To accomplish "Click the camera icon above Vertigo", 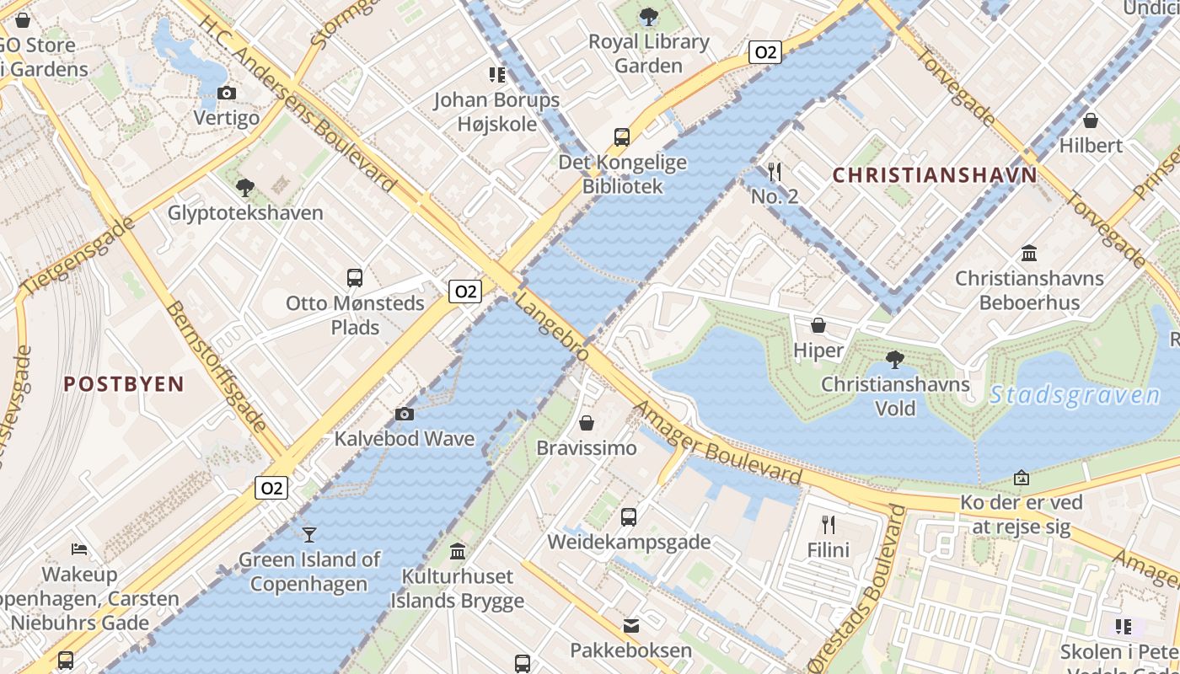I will (226, 94).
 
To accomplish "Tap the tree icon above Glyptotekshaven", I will (245, 187).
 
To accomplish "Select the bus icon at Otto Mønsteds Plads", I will (355, 277).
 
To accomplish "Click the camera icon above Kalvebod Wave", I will (405, 414).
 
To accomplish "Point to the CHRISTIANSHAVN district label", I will (935, 175).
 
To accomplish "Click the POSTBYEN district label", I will (124, 384).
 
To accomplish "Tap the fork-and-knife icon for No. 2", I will (775, 172).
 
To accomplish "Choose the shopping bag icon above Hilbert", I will (1091, 120).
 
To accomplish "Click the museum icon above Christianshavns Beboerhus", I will (1029, 253).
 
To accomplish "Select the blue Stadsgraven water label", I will (1075, 394).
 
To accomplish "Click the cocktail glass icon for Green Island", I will (309, 534).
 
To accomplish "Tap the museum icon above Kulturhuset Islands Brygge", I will (458, 551).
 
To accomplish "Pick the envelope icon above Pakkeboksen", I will (630, 625).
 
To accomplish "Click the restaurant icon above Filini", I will (829, 525).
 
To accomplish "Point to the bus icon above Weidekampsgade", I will (629, 517).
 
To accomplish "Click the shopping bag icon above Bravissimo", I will (587, 423).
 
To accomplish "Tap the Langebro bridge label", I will (552, 326).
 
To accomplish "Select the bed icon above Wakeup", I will (79, 549).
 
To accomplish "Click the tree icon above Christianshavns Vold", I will (895, 360).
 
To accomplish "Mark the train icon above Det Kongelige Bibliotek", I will (622, 136).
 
